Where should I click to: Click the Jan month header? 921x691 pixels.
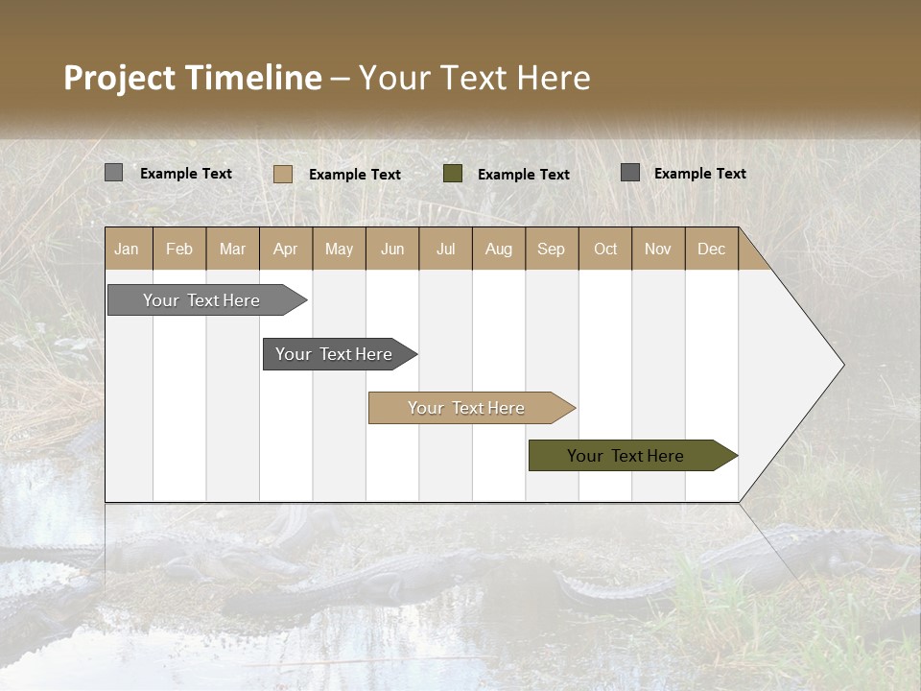coord(128,250)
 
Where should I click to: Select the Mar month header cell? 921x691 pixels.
coord(232,250)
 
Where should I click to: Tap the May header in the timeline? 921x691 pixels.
coord(339,250)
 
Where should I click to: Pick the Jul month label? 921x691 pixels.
coord(445,250)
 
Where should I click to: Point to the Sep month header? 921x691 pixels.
coord(551,250)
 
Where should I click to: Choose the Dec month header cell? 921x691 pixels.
coord(711,250)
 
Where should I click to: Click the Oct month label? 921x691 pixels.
coord(605,250)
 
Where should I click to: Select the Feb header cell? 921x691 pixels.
coord(179,250)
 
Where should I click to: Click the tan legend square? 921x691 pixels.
coord(282,174)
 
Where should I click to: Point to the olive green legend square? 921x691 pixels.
coord(453,174)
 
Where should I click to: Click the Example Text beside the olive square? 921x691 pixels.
coord(523,175)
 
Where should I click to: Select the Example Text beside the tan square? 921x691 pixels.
coord(354,175)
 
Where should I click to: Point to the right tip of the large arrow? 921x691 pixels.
coord(842,365)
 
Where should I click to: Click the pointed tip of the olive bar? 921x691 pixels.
coord(735,456)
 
